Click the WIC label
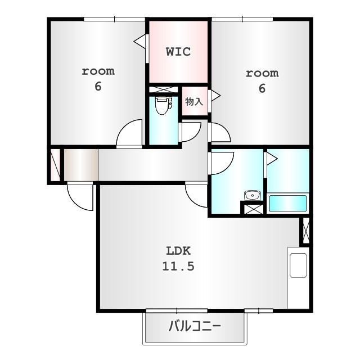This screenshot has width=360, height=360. coord(178,52)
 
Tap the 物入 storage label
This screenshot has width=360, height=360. coord(193,102)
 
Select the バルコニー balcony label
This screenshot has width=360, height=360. coord(195,326)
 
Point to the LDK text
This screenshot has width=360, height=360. coord(178,251)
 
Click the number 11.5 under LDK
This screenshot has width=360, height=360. coord(178,267)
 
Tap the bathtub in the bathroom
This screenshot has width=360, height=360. coord(287,203)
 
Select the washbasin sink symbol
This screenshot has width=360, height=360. coord(252,196)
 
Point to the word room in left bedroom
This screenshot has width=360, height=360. coord(98,71)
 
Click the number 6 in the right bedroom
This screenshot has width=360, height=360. coord(262,88)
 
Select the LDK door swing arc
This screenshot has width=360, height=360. coord(197,196)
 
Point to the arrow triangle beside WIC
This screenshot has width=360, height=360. coord(138,40)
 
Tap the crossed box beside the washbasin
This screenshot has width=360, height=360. coord(252,209)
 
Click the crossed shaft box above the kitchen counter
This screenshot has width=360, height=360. coord(305,230)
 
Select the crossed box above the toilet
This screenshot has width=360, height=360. coord(163,89)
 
